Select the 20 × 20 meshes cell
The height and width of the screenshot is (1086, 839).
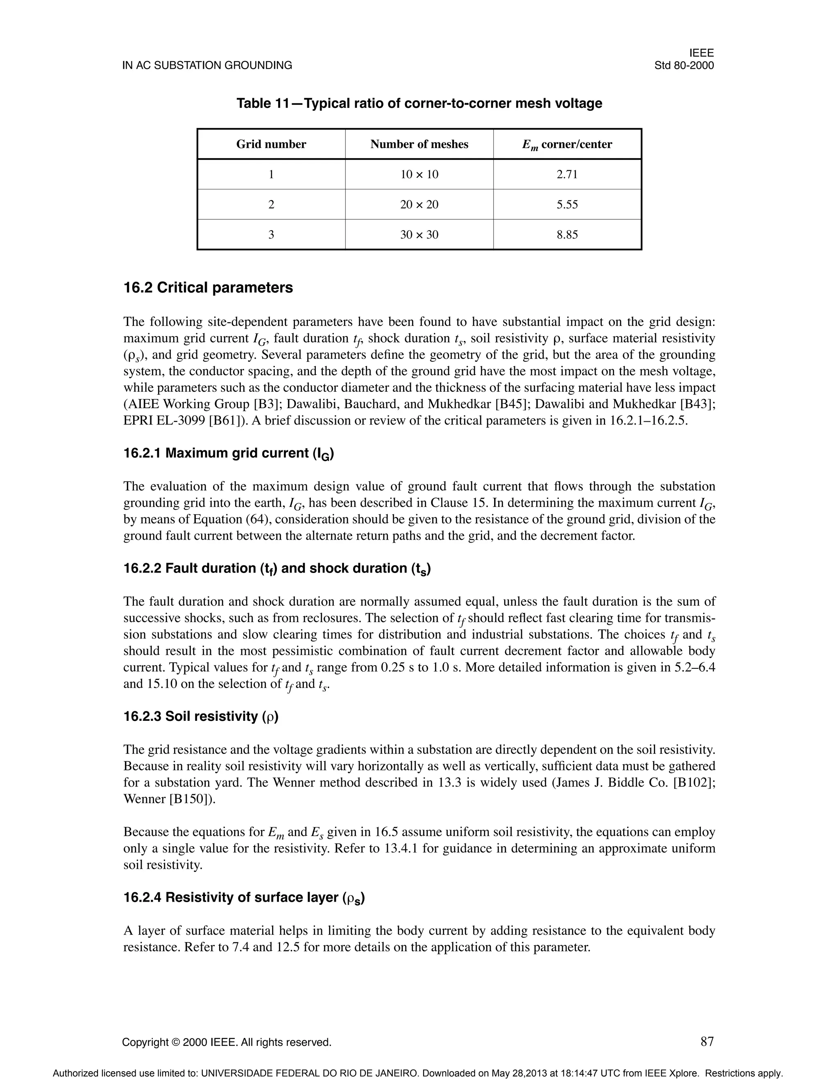point(419,204)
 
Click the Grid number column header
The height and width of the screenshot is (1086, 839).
point(271,144)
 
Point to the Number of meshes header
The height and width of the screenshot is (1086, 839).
point(419,144)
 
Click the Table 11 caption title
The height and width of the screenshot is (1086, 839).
point(419,103)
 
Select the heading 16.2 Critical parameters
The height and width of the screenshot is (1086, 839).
point(208,288)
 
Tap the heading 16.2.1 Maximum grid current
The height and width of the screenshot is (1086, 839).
point(228,454)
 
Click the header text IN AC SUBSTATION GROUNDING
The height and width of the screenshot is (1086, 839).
point(207,66)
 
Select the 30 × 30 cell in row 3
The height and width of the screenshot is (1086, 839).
point(419,235)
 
